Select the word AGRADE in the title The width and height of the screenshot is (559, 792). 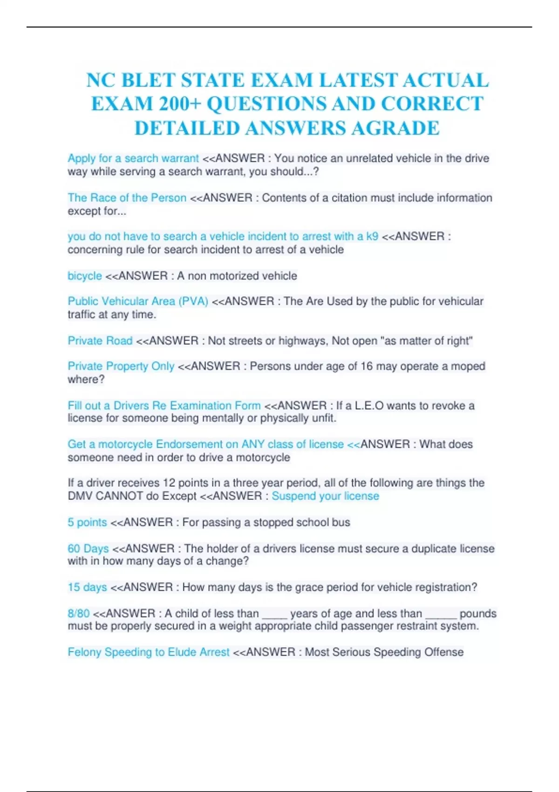[x=395, y=128]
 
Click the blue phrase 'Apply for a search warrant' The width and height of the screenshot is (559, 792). [x=133, y=158]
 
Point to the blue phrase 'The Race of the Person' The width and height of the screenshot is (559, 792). [x=127, y=198]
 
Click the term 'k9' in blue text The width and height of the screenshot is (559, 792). [x=372, y=236]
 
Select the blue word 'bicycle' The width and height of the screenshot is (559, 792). [x=85, y=276]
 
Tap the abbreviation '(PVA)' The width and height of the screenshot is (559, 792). [x=193, y=301]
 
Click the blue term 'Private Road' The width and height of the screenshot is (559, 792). [x=100, y=341]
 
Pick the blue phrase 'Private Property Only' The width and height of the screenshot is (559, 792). [x=121, y=366]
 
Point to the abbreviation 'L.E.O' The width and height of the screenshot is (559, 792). [x=369, y=405]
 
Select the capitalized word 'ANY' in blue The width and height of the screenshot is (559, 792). [x=253, y=444]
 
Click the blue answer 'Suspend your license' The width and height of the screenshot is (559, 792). [x=325, y=496]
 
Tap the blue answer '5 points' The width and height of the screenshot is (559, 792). [x=87, y=522]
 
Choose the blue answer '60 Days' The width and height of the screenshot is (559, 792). [x=88, y=548]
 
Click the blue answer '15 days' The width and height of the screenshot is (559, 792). [x=87, y=587]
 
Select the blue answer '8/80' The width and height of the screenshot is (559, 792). [x=79, y=613]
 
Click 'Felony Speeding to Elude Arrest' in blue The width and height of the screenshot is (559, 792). [x=149, y=652]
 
